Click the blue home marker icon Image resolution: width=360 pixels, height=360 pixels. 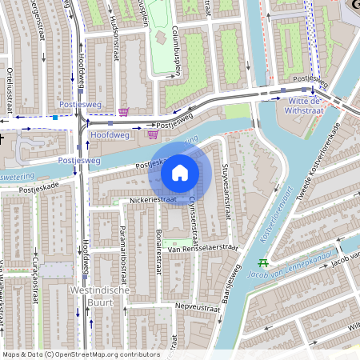[x=180, y=172]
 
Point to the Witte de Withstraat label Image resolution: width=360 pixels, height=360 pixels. [x=304, y=106]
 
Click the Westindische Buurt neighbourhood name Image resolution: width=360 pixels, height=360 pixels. [x=100, y=296]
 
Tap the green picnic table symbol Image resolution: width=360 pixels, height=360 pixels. [x=262, y=262]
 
